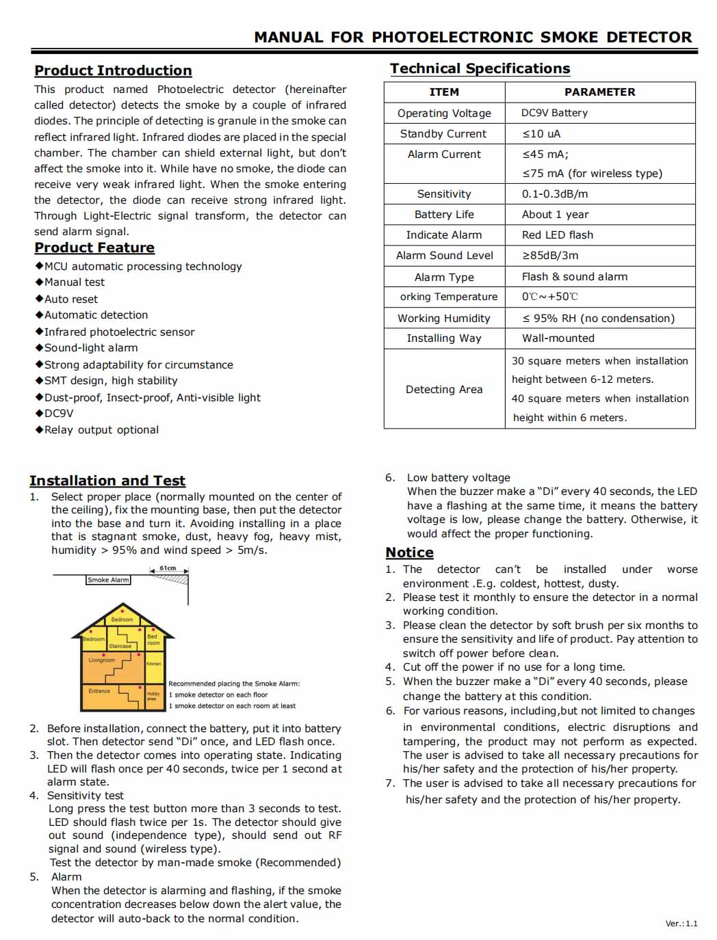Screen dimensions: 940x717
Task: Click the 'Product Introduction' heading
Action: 113,70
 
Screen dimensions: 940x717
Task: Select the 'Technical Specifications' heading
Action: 480,68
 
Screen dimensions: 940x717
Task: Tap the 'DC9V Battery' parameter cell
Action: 554,113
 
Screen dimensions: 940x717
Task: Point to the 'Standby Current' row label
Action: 443,134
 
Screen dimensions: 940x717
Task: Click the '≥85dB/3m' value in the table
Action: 550,255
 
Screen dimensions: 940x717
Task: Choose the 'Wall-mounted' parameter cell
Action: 558,338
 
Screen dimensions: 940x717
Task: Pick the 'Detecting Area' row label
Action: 444,389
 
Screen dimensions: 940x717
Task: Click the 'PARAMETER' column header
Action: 599,92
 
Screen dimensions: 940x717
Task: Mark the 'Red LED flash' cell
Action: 558,234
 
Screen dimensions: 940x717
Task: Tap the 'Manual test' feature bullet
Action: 74,282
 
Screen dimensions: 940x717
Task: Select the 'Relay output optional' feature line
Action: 101,430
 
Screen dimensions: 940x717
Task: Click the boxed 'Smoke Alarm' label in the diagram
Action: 108,580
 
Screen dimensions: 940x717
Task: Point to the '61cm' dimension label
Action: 168,568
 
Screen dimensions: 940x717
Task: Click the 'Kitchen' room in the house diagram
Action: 154,663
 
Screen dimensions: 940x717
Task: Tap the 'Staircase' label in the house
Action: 120,646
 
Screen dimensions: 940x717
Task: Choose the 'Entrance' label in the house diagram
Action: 99,690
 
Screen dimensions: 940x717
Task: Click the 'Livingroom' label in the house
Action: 101,660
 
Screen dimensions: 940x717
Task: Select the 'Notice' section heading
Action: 409,552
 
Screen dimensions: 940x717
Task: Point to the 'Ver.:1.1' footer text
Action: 681,924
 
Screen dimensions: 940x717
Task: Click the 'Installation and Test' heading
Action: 107,481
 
